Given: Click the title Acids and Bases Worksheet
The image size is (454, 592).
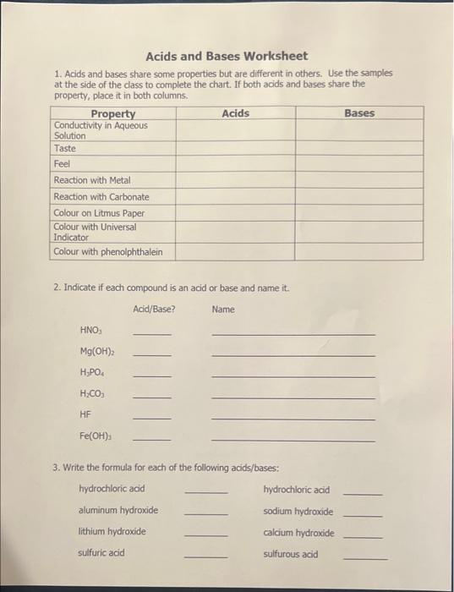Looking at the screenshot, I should coord(227,57).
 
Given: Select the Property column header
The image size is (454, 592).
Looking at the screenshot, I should coord(112,113).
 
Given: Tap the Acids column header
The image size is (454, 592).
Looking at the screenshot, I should coord(235,113).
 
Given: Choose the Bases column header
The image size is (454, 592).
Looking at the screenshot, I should coord(359,113).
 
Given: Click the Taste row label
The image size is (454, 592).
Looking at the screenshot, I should coord(64,147).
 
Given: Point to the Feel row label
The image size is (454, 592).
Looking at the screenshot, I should coord(62,163).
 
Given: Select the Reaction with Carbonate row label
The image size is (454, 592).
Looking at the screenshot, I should coord(101,196).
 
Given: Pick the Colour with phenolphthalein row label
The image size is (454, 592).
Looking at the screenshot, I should coord(107,251).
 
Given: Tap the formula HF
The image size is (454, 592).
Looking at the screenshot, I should coord(85,414).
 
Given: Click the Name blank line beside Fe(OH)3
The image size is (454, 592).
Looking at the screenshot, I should coord(293,440).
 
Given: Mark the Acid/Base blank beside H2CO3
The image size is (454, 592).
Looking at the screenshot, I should coord(151,397).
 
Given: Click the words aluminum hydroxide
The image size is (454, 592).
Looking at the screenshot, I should coord(118,510).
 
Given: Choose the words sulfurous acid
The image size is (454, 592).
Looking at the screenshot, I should coord(290,554).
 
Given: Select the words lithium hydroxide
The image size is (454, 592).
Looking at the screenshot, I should coord(112,531).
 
